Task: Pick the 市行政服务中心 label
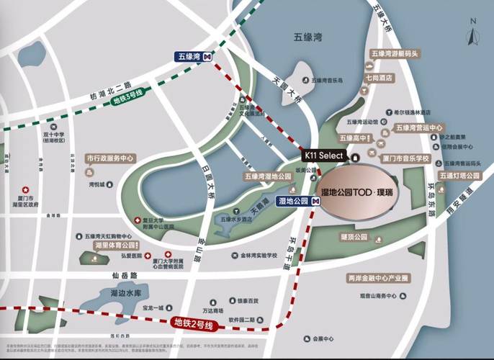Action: click(x=110, y=158)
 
